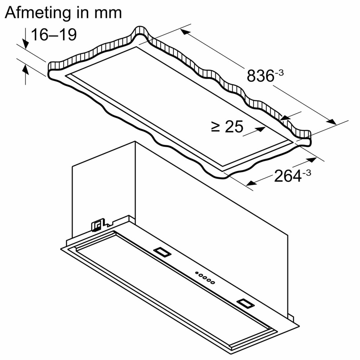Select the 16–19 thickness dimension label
53,35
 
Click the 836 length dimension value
260,76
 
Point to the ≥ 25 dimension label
227,127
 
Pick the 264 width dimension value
288,176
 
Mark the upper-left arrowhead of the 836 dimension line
185,32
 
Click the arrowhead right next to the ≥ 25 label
260,129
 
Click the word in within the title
81,13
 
